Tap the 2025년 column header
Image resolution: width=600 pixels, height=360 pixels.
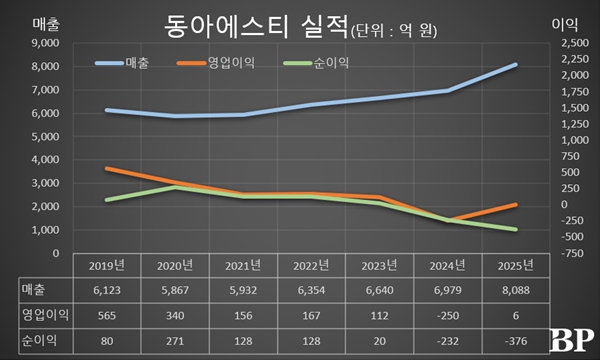pos(514,266)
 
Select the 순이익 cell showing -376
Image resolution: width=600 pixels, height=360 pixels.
pos(514,339)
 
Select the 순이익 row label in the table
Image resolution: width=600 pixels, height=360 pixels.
pos(36,339)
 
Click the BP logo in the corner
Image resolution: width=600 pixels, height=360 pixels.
pos(573,340)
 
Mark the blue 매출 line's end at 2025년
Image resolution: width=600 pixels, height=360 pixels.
pos(515,65)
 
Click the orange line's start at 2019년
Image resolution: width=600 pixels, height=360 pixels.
pos(107,169)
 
